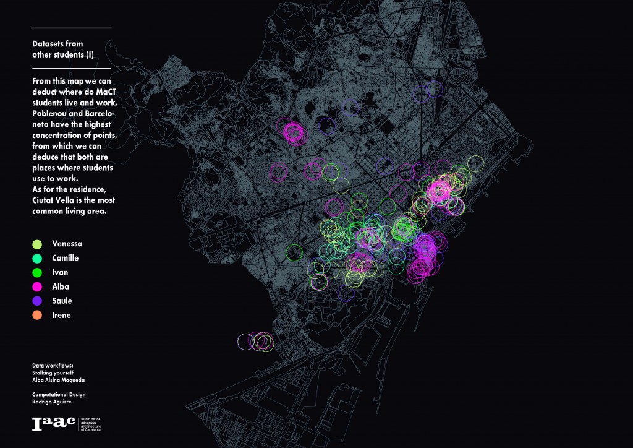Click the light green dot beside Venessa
click(x=36, y=244)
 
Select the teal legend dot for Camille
click(x=36, y=258)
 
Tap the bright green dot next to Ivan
click(x=36, y=272)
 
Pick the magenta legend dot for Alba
click(x=36, y=286)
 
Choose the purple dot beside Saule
click(x=36, y=301)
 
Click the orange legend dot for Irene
click(x=36, y=315)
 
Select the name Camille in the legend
click(x=65, y=258)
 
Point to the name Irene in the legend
click(x=61, y=315)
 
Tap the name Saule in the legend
click(x=62, y=301)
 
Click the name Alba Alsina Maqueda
click(x=58, y=379)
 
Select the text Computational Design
click(x=59, y=394)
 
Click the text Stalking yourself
click(x=51, y=373)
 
